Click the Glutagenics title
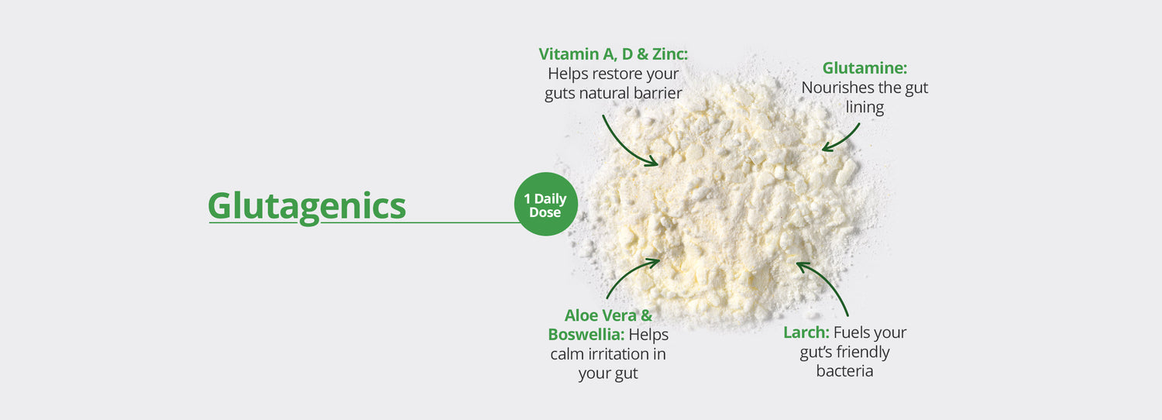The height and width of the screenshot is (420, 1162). click(x=307, y=205)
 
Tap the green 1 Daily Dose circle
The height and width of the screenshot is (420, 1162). click(x=545, y=204)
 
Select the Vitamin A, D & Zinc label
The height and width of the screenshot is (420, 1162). click(x=613, y=54)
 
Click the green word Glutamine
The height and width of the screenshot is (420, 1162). click(x=865, y=68)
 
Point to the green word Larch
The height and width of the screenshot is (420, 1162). click(x=806, y=333)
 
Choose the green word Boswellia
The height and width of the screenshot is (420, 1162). click(x=585, y=335)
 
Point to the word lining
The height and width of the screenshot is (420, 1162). click(x=865, y=108)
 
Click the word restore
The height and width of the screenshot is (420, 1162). click(x=618, y=74)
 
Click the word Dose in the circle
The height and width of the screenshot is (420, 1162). click(x=545, y=212)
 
